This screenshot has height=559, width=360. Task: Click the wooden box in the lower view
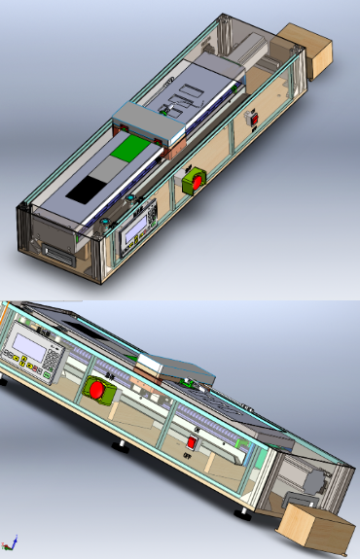317,532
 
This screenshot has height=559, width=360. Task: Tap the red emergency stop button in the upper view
195,181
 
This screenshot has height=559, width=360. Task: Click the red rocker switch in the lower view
192,441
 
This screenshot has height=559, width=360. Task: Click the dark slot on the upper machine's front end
56,256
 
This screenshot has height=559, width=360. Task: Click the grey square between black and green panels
106,171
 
